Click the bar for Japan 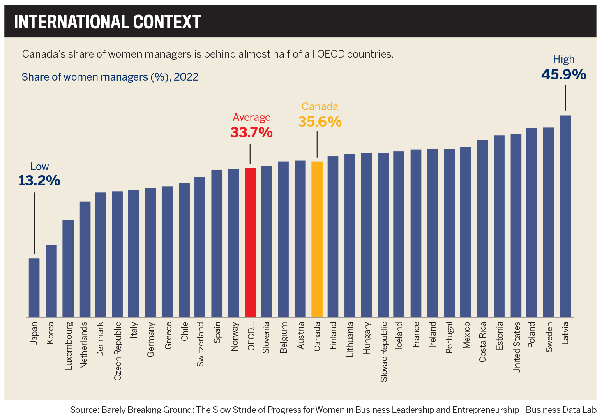point(34,287)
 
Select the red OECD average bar point(250,242)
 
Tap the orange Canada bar point(317,239)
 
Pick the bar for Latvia point(565,216)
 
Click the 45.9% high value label point(563,74)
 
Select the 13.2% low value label point(39,181)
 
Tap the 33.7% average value point(251,132)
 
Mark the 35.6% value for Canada point(320,122)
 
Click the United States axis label point(517,347)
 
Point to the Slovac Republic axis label point(384,351)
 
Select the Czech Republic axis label point(118,351)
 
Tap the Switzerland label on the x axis point(200,344)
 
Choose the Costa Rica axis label point(482,342)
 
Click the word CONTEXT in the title point(166,22)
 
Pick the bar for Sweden point(549,222)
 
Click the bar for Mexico point(465,232)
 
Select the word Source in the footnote point(84,410)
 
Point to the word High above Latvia point(563,60)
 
